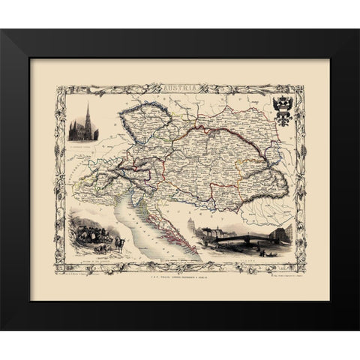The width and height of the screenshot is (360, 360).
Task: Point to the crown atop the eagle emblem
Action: coord(283,97)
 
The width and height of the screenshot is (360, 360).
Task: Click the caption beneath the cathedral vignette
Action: coord(88,144)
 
